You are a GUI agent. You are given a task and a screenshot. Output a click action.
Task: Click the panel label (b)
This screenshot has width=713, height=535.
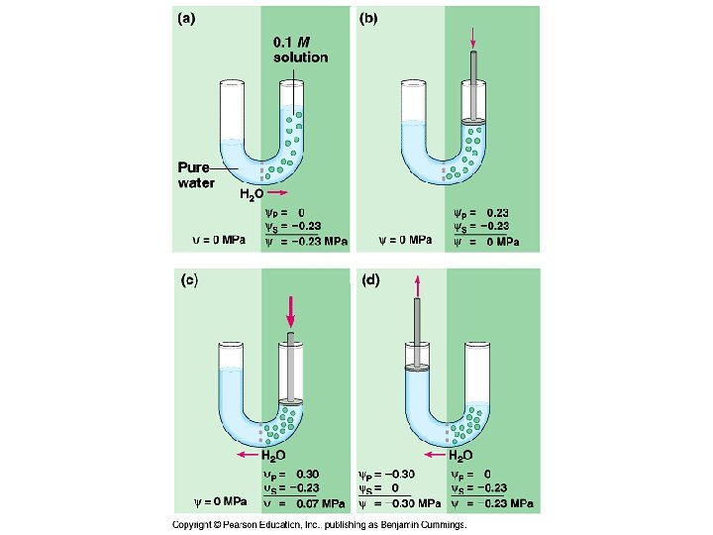pos(367,17)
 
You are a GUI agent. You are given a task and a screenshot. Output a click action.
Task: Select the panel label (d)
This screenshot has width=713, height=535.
pos(368,280)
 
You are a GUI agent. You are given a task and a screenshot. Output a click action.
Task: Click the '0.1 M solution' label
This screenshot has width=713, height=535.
pos(300,50)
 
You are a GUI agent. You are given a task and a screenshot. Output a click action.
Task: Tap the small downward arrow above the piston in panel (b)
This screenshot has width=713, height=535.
pos(474,38)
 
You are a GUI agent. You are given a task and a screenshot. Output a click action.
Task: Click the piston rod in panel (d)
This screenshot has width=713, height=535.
pos(417,333)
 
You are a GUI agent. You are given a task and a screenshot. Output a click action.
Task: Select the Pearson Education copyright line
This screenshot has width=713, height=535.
pos(319,525)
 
